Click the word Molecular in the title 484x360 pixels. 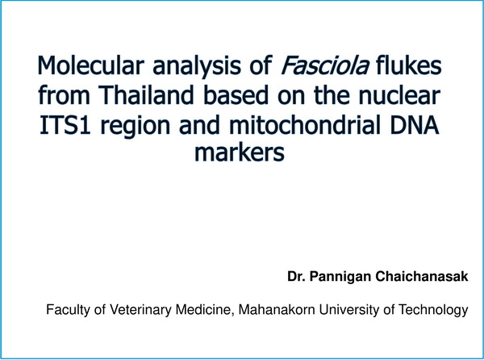[x=90, y=65]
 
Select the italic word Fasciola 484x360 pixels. [x=325, y=65]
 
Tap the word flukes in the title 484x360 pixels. [x=409, y=65]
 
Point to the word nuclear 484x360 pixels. [x=399, y=94]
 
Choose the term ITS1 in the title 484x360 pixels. [x=65, y=124]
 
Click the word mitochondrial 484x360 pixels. [x=305, y=124]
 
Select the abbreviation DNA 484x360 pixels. [x=415, y=124]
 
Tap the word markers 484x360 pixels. [x=240, y=152]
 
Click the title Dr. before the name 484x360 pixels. [x=296, y=276]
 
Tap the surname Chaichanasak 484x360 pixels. [x=422, y=276]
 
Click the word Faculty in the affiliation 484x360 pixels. [x=69, y=310]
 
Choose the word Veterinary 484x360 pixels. [x=140, y=310]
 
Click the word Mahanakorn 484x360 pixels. [x=277, y=309]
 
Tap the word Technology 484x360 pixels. [x=433, y=310]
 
